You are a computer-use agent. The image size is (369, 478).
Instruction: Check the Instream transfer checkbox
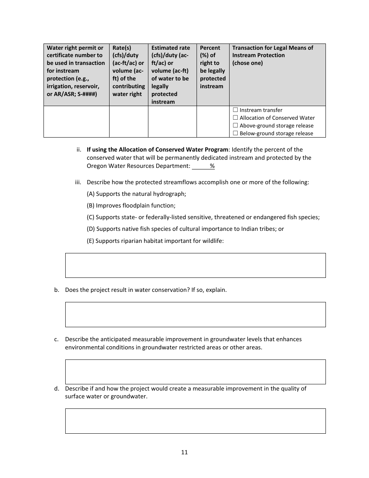tap(235, 110)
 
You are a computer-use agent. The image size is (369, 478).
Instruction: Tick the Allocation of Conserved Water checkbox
tap(235, 118)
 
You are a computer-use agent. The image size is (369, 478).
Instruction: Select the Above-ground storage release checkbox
tap(235, 126)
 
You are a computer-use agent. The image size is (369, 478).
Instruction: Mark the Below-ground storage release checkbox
tap(235, 133)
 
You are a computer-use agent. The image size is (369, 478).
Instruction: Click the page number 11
tap(184, 452)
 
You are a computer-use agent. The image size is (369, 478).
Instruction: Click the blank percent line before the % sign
tap(200, 166)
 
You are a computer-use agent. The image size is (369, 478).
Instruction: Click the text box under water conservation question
tap(195, 314)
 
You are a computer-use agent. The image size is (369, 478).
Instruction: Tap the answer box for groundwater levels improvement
tap(195, 372)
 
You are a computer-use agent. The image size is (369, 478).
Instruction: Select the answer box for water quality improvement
tap(195, 421)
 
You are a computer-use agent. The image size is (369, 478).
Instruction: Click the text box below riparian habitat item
tap(195, 265)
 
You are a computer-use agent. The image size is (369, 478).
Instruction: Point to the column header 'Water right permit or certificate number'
tap(76, 71)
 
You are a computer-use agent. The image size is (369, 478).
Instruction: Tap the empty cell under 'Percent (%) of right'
tap(213, 122)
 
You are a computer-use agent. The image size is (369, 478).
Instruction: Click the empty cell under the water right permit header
tap(76, 122)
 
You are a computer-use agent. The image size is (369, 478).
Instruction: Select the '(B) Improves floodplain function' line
tap(131, 206)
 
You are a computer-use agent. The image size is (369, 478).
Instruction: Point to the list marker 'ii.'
tap(78, 150)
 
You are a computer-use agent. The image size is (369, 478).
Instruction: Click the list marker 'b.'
tap(57, 290)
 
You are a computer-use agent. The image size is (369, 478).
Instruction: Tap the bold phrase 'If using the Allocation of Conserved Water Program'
tap(157, 150)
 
